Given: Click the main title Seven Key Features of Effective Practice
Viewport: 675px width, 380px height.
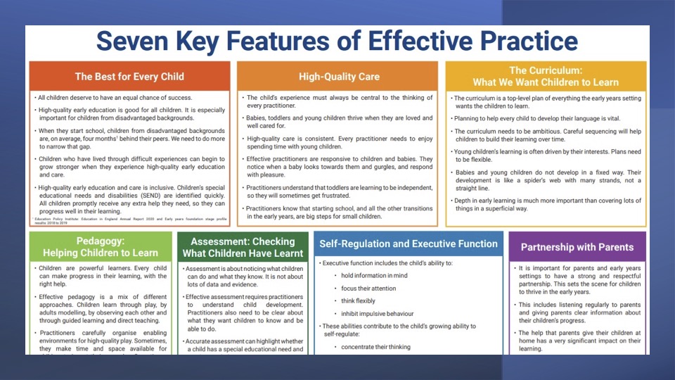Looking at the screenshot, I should click(x=337, y=42).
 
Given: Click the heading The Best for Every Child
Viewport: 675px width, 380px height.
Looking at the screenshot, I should click(x=129, y=76).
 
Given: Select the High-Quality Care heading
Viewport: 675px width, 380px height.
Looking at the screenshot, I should click(x=339, y=76).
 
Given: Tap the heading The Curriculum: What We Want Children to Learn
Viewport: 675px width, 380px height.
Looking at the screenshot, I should click(x=546, y=76).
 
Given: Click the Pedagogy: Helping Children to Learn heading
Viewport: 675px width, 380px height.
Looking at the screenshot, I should click(x=100, y=247).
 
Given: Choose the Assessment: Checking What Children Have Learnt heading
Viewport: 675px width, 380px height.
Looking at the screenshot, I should click(x=243, y=247).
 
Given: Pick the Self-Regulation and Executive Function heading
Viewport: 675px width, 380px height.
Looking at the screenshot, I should click(x=409, y=244).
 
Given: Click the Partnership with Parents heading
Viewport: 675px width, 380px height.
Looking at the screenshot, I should click(x=577, y=247).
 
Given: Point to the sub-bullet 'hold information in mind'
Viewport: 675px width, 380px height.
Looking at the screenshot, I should click(x=374, y=275).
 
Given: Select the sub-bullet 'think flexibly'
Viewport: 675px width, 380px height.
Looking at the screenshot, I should click(x=359, y=300).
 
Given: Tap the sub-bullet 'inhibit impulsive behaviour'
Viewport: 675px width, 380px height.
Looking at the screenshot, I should click(x=378, y=313).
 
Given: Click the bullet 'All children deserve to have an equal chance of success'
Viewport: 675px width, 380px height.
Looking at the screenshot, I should click(x=115, y=98).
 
